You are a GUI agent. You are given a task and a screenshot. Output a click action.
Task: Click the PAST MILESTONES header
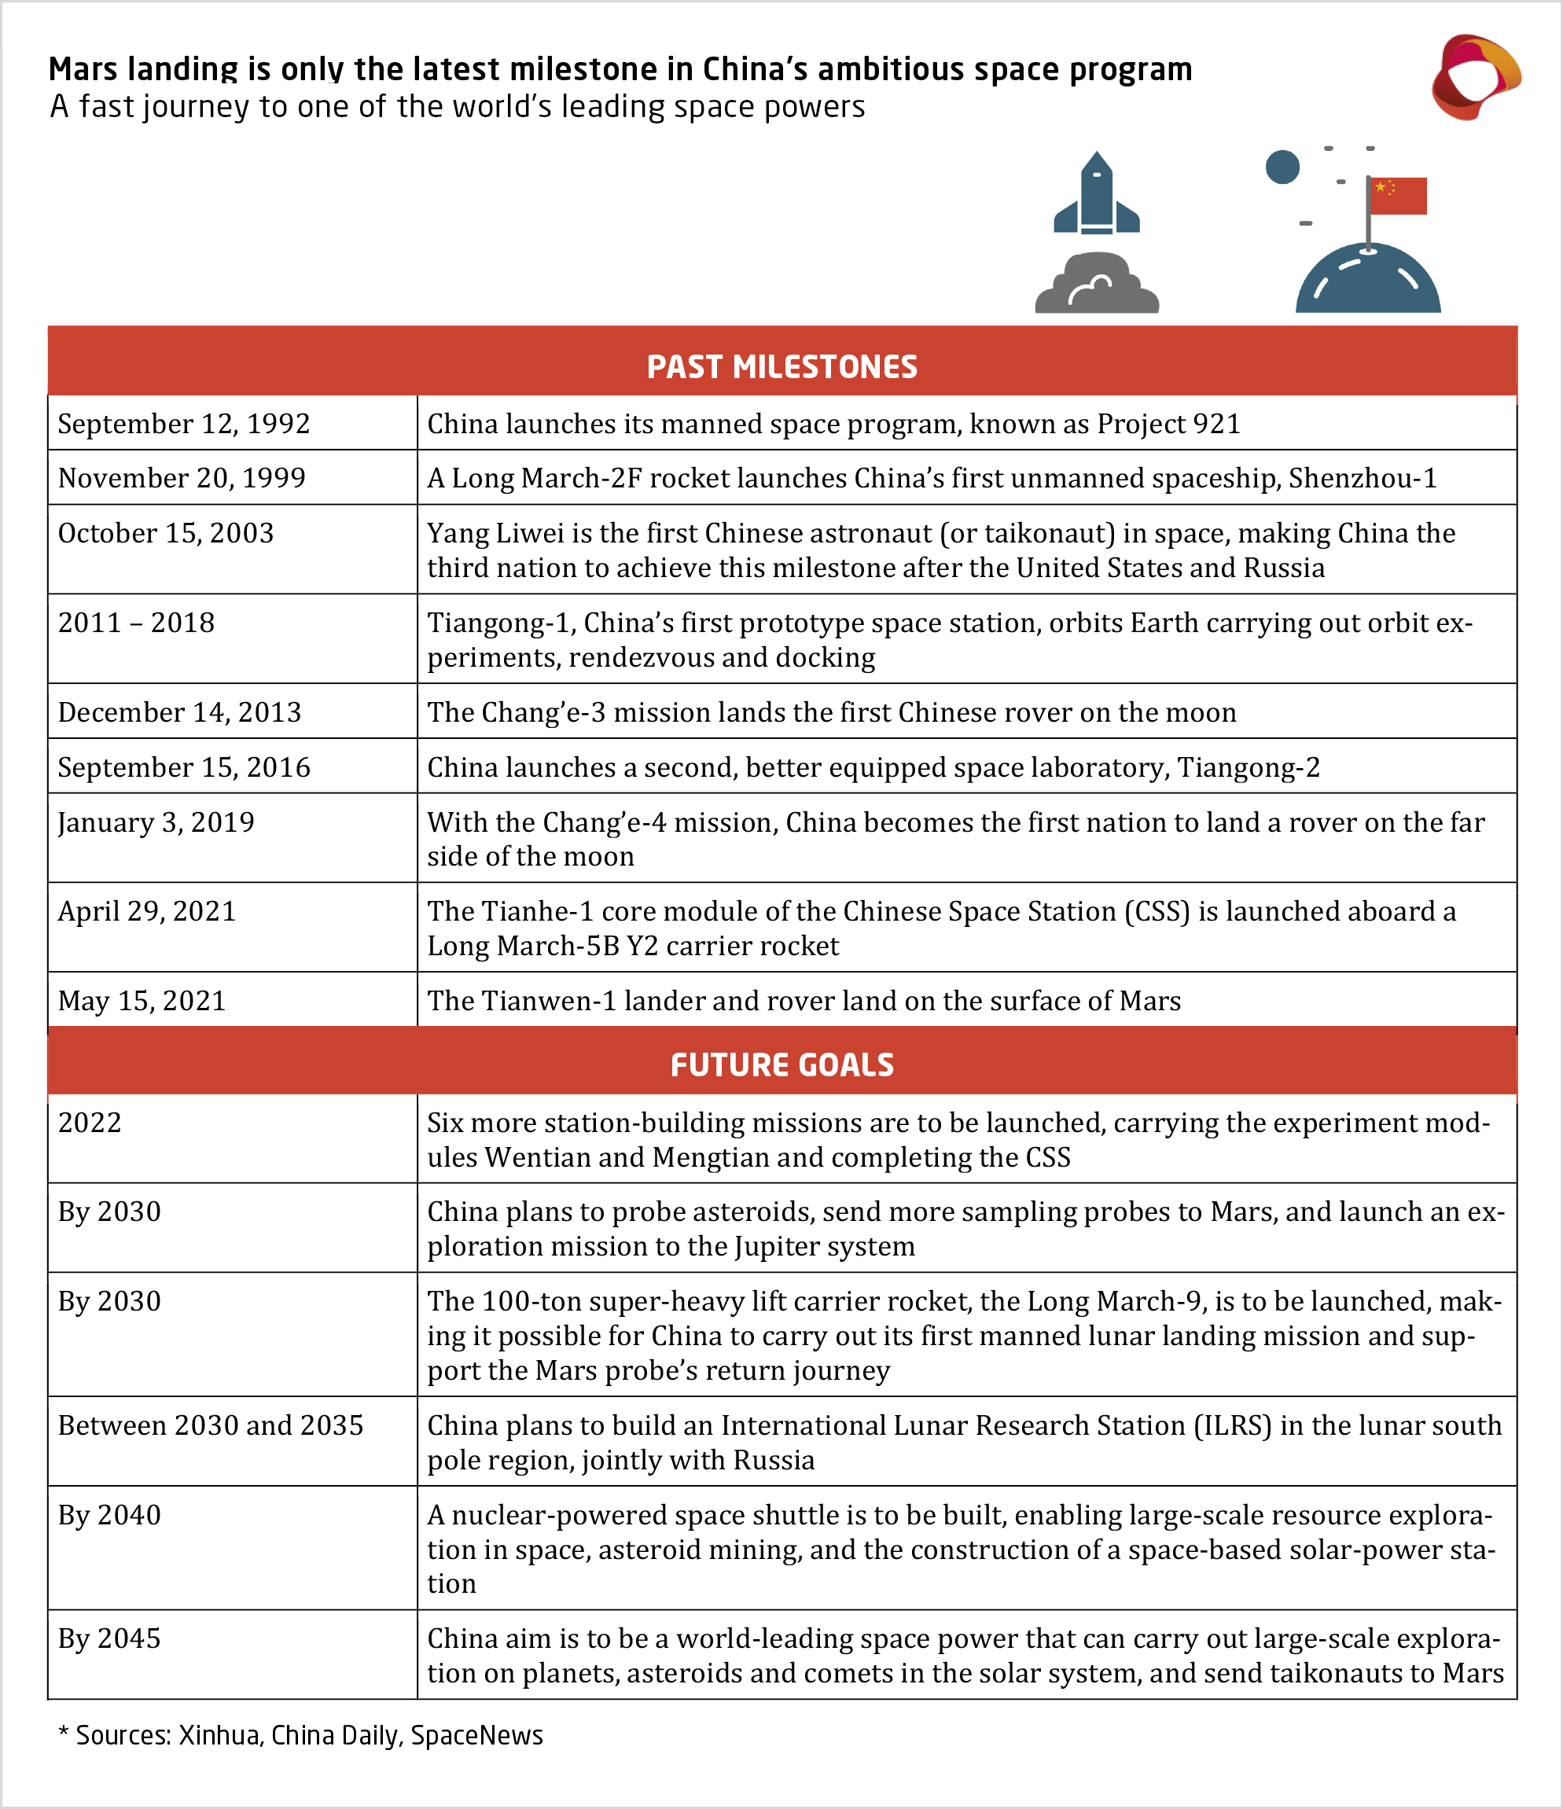tap(781, 366)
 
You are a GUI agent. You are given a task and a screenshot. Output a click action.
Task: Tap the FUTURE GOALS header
tap(781, 1065)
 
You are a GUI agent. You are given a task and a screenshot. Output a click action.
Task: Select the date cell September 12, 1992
tap(184, 425)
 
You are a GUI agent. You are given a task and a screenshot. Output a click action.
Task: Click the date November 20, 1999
tap(182, 479)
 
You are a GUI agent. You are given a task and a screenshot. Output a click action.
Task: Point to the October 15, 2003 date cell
tap(166, 534)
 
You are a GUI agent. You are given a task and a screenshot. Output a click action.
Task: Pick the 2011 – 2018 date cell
tap(136, 623)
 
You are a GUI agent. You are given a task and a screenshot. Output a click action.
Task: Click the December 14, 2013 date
tap(179, 712)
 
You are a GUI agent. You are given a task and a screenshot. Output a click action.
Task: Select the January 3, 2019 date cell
tap(156, 822)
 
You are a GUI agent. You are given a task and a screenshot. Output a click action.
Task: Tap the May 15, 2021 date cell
tap(142, 1001)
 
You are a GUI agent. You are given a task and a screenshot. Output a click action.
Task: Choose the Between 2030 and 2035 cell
tap(211, 1425)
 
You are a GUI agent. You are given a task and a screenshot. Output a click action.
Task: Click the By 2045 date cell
tap(109, 1638)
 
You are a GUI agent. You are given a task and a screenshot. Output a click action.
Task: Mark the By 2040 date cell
tap(109, 1515)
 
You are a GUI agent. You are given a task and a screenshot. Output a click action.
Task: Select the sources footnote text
tap(301, 1736)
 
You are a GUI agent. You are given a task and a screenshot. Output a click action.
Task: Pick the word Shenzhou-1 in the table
tap(1363, 479)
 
